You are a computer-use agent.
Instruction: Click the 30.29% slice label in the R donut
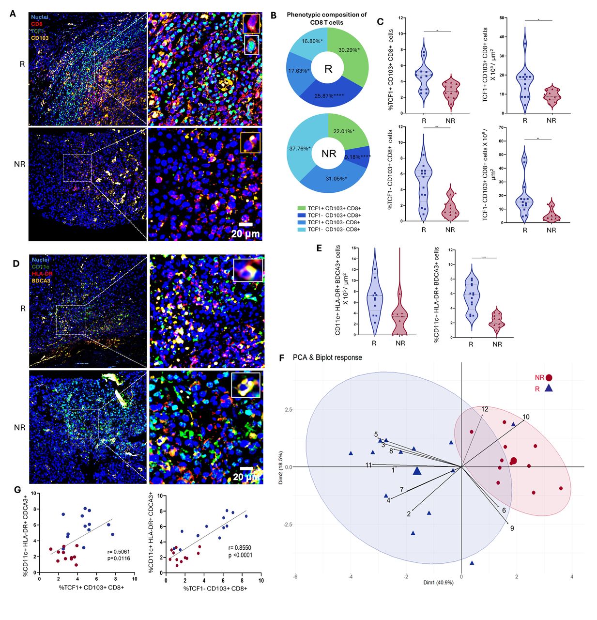coord(349,50)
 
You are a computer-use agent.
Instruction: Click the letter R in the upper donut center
coord(328,69)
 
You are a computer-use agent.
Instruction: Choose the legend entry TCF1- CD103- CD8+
coord(334,229)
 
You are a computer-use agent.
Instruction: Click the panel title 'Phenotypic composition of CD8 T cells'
coord(326,18)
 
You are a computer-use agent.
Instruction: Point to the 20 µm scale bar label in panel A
coord(245,234)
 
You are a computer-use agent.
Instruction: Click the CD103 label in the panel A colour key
coord(40,37)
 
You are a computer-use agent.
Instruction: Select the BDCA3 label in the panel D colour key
coord(41,280)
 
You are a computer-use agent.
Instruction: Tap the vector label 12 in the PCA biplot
coord(485,409)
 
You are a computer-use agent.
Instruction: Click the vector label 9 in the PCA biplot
coord(512,528)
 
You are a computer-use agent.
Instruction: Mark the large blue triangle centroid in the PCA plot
coord(417,470)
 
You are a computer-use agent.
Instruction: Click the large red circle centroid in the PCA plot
coord(513,461)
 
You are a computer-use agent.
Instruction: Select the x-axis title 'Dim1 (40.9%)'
coord(438,582)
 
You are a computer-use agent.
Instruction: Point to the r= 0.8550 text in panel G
coord(240,547)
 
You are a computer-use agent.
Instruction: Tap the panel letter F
coord(283,357)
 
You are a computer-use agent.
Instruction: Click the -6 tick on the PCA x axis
coord(295,576)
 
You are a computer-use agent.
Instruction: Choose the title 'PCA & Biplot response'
coord(327,357)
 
